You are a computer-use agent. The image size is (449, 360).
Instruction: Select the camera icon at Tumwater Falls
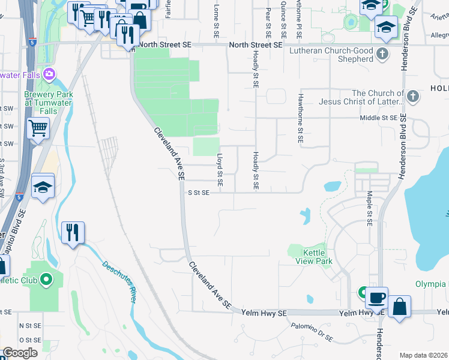click(48, 75)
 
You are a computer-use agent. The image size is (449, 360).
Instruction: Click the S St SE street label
click(199, 193)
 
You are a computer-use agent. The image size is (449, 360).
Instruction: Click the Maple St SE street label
click(369, 208)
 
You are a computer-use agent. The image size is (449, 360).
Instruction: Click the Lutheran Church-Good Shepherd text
click(331, 56)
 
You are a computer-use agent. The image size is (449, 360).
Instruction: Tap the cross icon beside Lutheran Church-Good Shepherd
click(381, 56)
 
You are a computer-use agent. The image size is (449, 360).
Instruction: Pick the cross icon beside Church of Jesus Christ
click(412, 97)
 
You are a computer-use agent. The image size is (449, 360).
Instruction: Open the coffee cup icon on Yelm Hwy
click(377, 298)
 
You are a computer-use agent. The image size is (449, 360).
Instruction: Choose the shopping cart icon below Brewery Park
click(38, 127)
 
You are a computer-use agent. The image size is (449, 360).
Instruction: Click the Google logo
click(20, 353)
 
